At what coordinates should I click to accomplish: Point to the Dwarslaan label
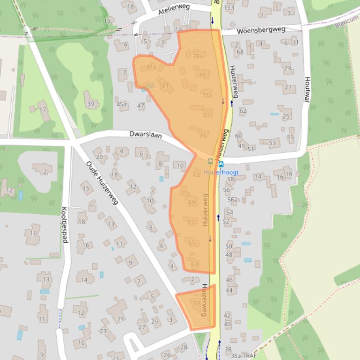(146, 135)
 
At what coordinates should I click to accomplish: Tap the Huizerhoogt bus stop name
(221, 172)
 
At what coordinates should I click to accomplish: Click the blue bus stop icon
(221, 164)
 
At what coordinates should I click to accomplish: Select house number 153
(229, 7)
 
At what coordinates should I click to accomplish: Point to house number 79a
(198, 56)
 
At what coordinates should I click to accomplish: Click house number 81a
(151, 67)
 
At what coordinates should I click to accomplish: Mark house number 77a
(207, 95)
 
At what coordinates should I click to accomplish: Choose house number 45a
(122, 104)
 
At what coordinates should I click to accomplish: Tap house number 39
(91, 104)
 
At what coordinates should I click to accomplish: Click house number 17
(43, 110)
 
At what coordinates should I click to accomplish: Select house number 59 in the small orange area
(196, 302)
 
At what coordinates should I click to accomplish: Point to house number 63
(195, 265)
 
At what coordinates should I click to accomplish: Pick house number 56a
(233, 200)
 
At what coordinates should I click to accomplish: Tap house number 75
(203, 136)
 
